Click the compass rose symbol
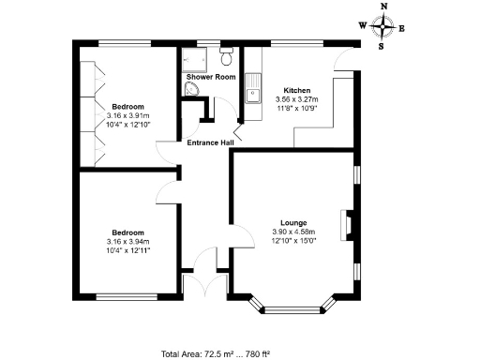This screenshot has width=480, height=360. point(382,26)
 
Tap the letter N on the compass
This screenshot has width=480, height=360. point(382,7)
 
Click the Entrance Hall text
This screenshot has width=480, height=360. point(209,142)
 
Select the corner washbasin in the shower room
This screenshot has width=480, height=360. point(191,89)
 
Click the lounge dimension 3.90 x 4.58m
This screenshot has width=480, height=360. point(292,232)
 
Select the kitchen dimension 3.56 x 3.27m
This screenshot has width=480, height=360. point(296,99)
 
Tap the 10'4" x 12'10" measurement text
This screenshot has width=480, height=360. point(127,123)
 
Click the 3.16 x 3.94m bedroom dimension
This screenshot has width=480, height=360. point(127,241)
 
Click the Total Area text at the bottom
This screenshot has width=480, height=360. point(216,352)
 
